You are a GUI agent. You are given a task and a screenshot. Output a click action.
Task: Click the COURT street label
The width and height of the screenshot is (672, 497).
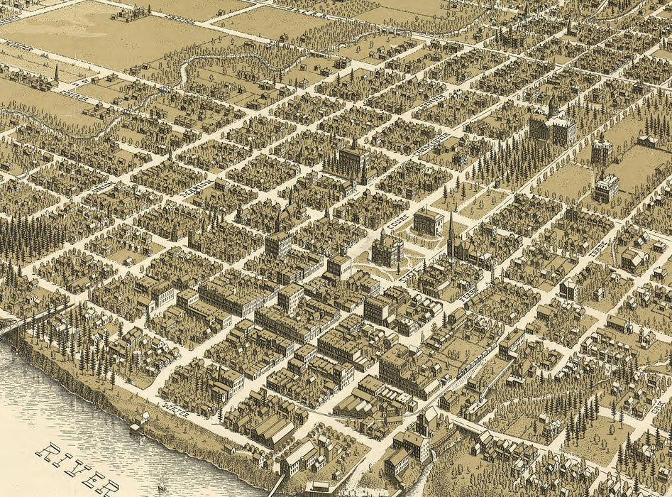click(x=397, y=218)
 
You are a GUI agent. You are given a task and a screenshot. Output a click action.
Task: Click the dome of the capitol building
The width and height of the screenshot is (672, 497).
click(x=553, y=106)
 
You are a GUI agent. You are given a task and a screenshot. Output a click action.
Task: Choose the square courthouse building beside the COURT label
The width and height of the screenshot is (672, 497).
click(x=428, y=222)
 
